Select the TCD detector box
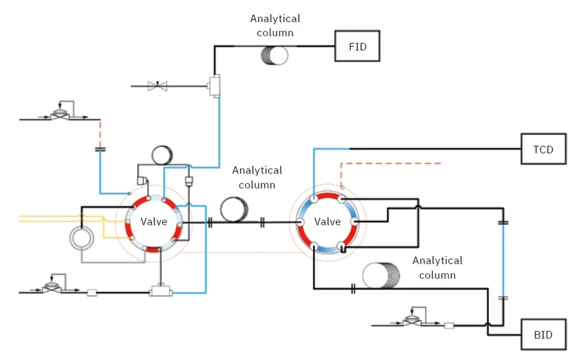pyautogui.click(x=543, y=149)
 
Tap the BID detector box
pyautogui.click(x=543, y=335)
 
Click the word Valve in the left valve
pyautogui.click(x=154, y=221)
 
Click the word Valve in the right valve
pyautogui.click(x=327, y=221)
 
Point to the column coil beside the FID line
pyautogui.click(x=275, y=54)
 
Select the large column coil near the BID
pyautogui.click(x=382, y=275)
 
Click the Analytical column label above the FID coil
pyautogui.click(x=275, y=25)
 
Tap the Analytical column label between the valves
pyautogui.click(x=258, y=177)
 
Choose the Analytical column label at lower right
pyautogui.click(x=437, y=267)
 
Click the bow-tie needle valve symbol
pyautogui.click(x=157, y=85)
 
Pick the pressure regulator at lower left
pyautogui.click(x=59, y=287)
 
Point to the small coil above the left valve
pyautogui.click(x=161, y=156)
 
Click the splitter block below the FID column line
pyautogui.click(x=214, y=84)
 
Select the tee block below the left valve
pyautogui.click(x=160, y=292)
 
